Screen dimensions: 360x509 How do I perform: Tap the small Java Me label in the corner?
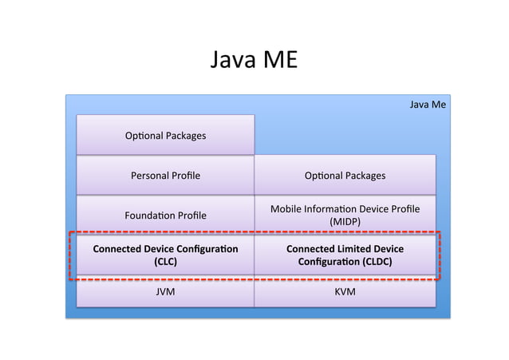pos(427,104)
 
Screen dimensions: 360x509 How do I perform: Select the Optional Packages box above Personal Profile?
pos(165,135)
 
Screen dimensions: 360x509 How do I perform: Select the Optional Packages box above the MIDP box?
pos(345,175)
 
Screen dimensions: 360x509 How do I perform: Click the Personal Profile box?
pos(165,175)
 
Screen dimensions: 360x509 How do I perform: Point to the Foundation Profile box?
pos(165,215)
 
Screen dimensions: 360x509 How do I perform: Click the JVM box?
pos(165,292)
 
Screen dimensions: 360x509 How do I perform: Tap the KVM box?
pos(345,292)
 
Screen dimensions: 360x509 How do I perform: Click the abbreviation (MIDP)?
pos(345,221)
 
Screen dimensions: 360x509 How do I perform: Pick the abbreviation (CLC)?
pos(165,261)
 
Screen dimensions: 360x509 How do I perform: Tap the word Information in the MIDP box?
pos(333,209)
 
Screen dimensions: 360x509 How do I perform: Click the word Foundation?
pos(148,215)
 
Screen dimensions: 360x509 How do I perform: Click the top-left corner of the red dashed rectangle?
pos(70,234)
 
